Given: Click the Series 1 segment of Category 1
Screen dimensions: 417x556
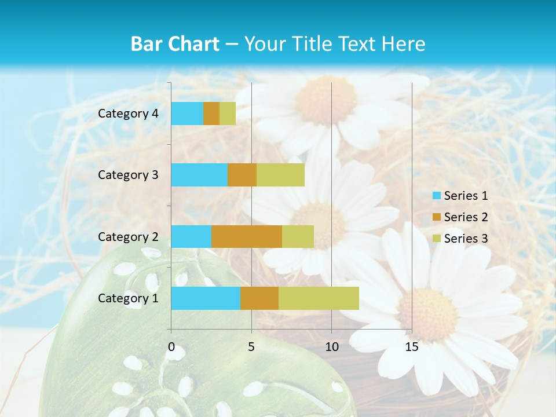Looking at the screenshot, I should tap(206, 298).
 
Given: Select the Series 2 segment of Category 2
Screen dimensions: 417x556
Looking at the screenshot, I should tap(247, 236).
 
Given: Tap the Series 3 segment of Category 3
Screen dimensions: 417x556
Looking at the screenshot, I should tap(280, 175).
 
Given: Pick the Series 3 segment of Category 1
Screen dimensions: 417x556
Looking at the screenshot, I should tap(319, 298).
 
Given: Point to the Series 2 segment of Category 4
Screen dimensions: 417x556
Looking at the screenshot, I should tap(211, 114).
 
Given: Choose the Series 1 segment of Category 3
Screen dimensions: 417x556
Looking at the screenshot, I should tap(199, 175).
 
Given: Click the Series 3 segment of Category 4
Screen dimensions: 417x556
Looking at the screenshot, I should tap(228, 114).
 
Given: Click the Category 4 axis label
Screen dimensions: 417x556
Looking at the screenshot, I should tap(128, 114).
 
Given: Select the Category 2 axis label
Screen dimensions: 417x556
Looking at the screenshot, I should tap(128, 236).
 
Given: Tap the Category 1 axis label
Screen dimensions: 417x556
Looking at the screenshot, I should tap(128, 298).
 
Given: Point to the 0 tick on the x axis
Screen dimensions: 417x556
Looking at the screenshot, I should tap(171, 347).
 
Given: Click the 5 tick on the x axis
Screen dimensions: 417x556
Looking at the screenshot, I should tap(251, 347).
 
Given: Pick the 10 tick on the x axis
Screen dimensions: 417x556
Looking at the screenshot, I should tap(331, 347).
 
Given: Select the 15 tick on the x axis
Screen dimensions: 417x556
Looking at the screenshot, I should tap(411, 347).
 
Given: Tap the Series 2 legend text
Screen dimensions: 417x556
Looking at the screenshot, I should tap(466, 217).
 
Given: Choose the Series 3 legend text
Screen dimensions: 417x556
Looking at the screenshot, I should tap(466, 239).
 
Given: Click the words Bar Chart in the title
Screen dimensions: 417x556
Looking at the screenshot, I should tap(175, 44).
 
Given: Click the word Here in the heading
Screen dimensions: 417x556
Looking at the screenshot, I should tap(403, 44).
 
